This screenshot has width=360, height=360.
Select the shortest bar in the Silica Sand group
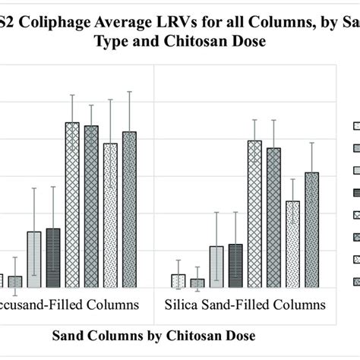(x=197, y=283)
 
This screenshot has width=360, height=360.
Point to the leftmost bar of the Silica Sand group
(x=178, y=280)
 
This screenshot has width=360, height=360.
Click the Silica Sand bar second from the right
(x=292, y=244)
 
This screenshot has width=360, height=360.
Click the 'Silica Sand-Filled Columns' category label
(x=245, y=305)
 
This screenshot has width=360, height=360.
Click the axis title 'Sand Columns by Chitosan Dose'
(x=153, y=335)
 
